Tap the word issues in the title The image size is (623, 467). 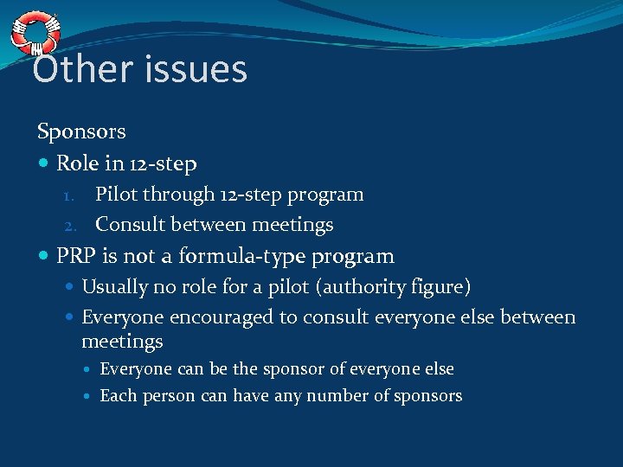(x=195, y=69)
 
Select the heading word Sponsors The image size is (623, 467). (x=81, y=132)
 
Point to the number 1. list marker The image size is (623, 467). (x=74, y=195)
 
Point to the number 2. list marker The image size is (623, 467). (x=74, y=226)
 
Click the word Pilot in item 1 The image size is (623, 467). (x=116, y=195)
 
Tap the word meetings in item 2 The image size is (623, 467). (x=292, y=226)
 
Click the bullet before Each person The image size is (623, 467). (x=89, y=397)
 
